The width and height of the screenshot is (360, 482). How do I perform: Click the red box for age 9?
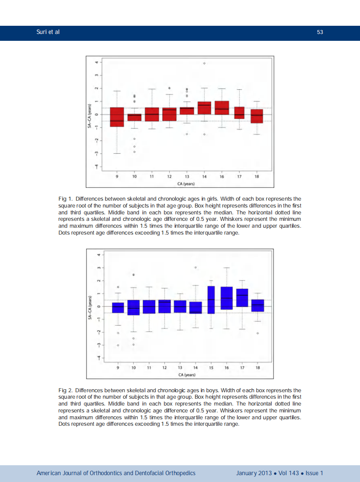(x=117, y=117)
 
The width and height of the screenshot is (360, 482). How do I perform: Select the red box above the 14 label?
(x=204, y=108)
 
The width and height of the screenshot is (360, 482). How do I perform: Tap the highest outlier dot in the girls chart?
(x=204, y=63)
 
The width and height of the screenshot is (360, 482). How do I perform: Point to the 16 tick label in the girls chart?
(x=222, y=177)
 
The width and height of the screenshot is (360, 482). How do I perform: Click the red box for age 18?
(x=257, y=116)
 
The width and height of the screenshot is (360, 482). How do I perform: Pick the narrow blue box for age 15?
(x=211, y=300)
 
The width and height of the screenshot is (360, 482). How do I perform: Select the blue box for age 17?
(x=242, y=298)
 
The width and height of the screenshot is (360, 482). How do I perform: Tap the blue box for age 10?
(x=133, y=308)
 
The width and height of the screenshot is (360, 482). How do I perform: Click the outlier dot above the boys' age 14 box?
(x=195, y=267)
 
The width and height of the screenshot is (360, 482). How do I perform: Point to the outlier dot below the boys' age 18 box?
(x=257, y=333)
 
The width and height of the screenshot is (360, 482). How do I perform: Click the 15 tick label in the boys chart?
(x=211, y=368)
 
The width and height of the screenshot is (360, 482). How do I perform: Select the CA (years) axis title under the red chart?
(x=186, y=184)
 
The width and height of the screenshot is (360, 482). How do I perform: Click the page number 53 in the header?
(x=320, y=33)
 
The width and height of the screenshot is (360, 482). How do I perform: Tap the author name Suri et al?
(x=48, y=33)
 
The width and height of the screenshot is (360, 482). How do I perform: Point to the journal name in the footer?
(x=116, y=473)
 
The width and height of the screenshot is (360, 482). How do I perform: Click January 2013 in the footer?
(x=254, y=473)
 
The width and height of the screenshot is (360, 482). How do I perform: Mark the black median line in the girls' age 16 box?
(x=222, y=109)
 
